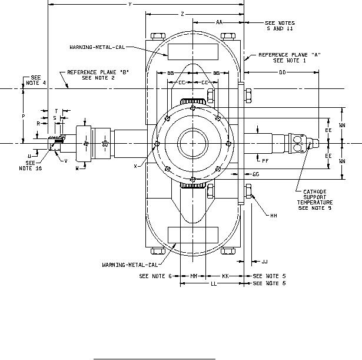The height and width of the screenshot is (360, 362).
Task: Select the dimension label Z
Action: click(x=182, y=13)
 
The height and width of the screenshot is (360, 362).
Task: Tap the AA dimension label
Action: click(x=219, y=22)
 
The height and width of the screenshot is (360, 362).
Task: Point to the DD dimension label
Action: click(x=283, y=72)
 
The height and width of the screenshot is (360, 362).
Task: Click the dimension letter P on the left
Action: click(x=23, y=117)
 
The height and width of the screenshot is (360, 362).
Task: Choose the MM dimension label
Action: click(x=194, y=276)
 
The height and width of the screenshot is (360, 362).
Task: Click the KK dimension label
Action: click(x=225, y=276)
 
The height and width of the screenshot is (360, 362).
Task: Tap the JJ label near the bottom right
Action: click(x=264, y=261)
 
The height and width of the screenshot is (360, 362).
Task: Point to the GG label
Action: click(x=255, y=174)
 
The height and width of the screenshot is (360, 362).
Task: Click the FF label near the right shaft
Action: click(x=265, y=160)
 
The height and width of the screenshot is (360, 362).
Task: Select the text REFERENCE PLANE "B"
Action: click(x=98, y=72)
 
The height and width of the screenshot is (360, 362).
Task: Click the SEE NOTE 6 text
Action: click(x=155, y=276)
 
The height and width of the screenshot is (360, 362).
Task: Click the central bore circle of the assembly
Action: click(x=193, y=143)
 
